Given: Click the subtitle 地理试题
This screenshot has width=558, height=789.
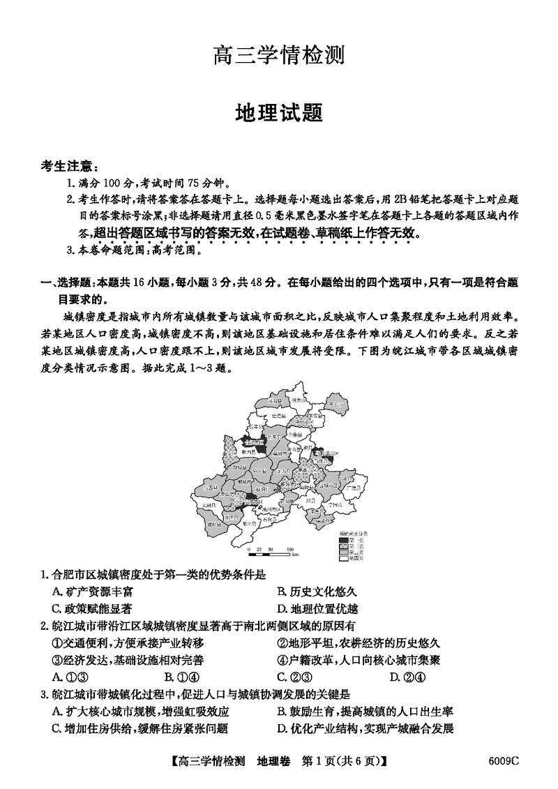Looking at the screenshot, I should tap(279, 112).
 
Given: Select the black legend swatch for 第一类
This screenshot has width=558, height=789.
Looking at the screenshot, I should tap(342, 539).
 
